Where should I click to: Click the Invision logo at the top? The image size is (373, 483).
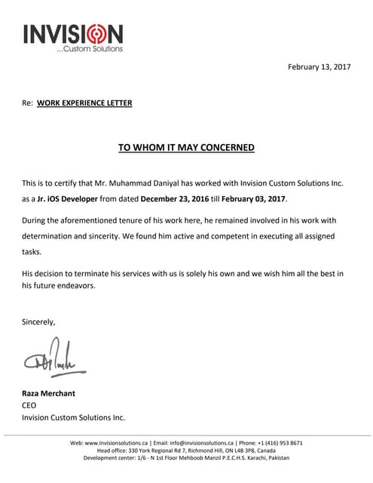(72, 36)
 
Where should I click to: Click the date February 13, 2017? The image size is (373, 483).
(319, 67)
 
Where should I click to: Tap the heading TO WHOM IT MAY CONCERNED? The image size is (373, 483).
(186, 147)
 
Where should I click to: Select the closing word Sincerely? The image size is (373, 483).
(38, 322)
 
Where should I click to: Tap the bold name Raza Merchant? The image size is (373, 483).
(48, 393)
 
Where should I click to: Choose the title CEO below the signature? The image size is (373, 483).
(29, 405)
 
